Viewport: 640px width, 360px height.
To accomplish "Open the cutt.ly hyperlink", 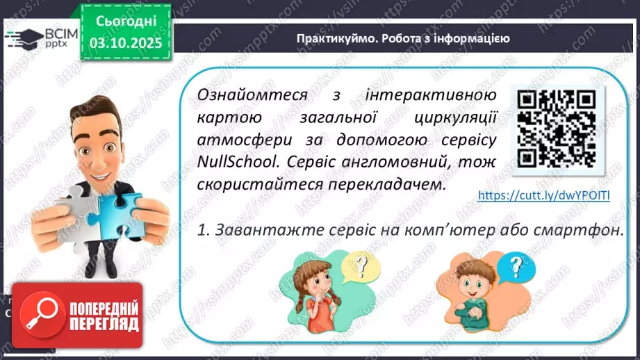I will click(x=544, y=196).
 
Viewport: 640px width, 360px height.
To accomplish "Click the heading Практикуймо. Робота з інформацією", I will click(x=402, y=39).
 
